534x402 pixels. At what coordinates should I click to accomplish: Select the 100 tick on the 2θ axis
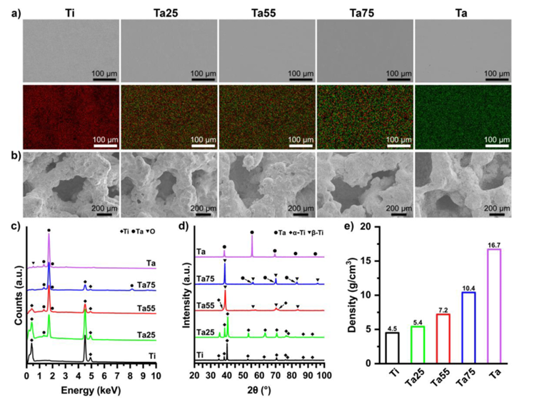click(324, 374)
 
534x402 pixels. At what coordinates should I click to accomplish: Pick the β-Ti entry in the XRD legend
click(312, 234)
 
